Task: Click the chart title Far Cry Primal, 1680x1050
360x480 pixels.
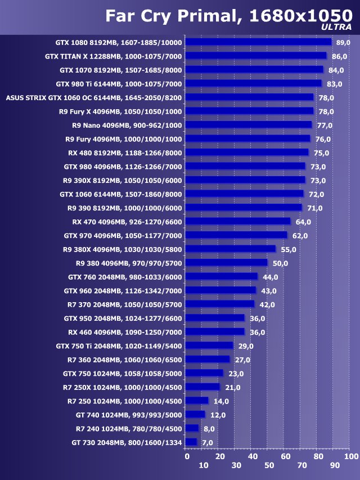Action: point(228,16)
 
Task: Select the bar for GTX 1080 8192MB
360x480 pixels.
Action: point(258,42)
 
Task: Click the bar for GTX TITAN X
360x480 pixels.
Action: point(256,56)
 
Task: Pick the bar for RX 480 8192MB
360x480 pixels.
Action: point(247,152)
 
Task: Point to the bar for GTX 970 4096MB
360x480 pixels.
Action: point(236,235)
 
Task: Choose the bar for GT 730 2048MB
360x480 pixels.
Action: point(191,442)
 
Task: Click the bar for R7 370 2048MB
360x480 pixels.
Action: point(220,304)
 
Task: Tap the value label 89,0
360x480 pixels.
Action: point(343,43)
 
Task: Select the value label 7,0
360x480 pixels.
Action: point(208,443)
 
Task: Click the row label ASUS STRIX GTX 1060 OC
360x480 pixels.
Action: point(94,97)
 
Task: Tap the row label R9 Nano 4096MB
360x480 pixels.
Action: point(128,125)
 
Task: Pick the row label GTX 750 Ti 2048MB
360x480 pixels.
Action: point(119,346)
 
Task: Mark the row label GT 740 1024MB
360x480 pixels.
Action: point(129,415)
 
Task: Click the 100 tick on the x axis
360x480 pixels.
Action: point(350,456)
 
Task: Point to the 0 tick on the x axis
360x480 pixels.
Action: point(187,456)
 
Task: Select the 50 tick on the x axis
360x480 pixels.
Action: point(269,465)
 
